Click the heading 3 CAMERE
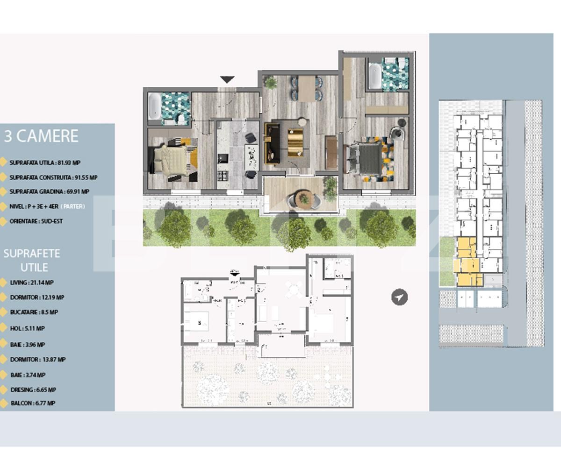[41, 136]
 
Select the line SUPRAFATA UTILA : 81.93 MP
[44, 163]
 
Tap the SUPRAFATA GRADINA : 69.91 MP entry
[49, 191]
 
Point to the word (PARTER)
[73, 206]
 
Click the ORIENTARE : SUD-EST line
[36, 221]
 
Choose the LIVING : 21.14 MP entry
[31, 283]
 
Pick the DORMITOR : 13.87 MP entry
[37, 360]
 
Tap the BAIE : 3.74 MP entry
[28, 375]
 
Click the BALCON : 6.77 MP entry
[32, 403]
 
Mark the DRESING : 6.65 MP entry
[33, 389]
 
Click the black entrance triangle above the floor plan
[227, 80]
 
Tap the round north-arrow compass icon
[399, 297]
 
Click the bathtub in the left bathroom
[154, 106]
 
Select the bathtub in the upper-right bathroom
[374, 76]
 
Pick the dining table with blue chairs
[307, 88]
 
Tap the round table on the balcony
[304, 198]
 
